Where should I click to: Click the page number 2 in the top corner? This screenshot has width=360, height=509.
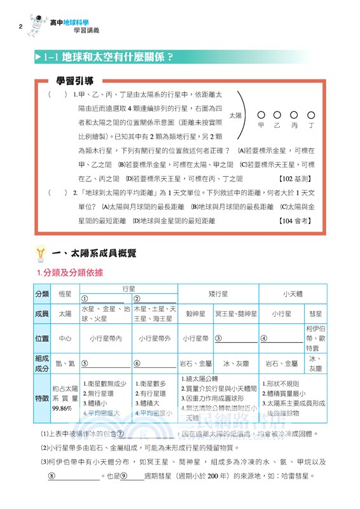point(21,26)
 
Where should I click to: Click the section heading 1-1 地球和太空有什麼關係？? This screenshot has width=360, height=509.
point(108,57)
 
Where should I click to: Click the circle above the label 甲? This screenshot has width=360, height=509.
point(260,115)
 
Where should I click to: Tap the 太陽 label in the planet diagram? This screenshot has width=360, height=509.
point(235,116)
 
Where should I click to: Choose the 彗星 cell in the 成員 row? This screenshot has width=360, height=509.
point(315,314)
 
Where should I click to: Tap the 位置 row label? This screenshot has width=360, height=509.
point(42,338)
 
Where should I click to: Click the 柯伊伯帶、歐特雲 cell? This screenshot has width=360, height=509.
point(315,338)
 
